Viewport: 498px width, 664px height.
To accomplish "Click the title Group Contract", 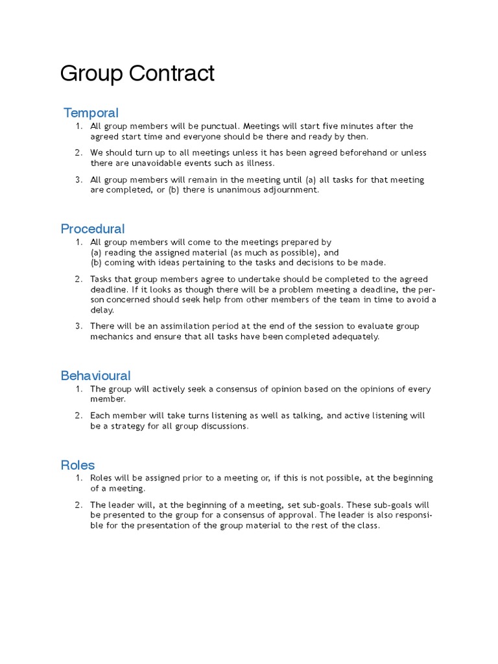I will click(x=137, y=74).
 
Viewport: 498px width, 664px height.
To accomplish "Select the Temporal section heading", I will click(x=91, y=113).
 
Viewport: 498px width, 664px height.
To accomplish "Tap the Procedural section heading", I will click(x=93, y=229).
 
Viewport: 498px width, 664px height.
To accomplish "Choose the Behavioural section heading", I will click(x=95, y=375).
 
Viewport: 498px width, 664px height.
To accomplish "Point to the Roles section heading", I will click(x=78, y=465).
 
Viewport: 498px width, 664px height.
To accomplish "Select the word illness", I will click(x=260, y=163).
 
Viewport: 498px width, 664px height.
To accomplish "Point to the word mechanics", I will click(x=113, y=337).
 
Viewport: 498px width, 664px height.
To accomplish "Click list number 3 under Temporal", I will click(x=78, y=180).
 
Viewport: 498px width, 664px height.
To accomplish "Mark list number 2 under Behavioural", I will click(x=78, y=416).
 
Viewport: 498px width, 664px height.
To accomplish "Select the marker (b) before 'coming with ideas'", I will click(x=96, y=263).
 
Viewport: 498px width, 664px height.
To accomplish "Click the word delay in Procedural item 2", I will click(x=101, y=310).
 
